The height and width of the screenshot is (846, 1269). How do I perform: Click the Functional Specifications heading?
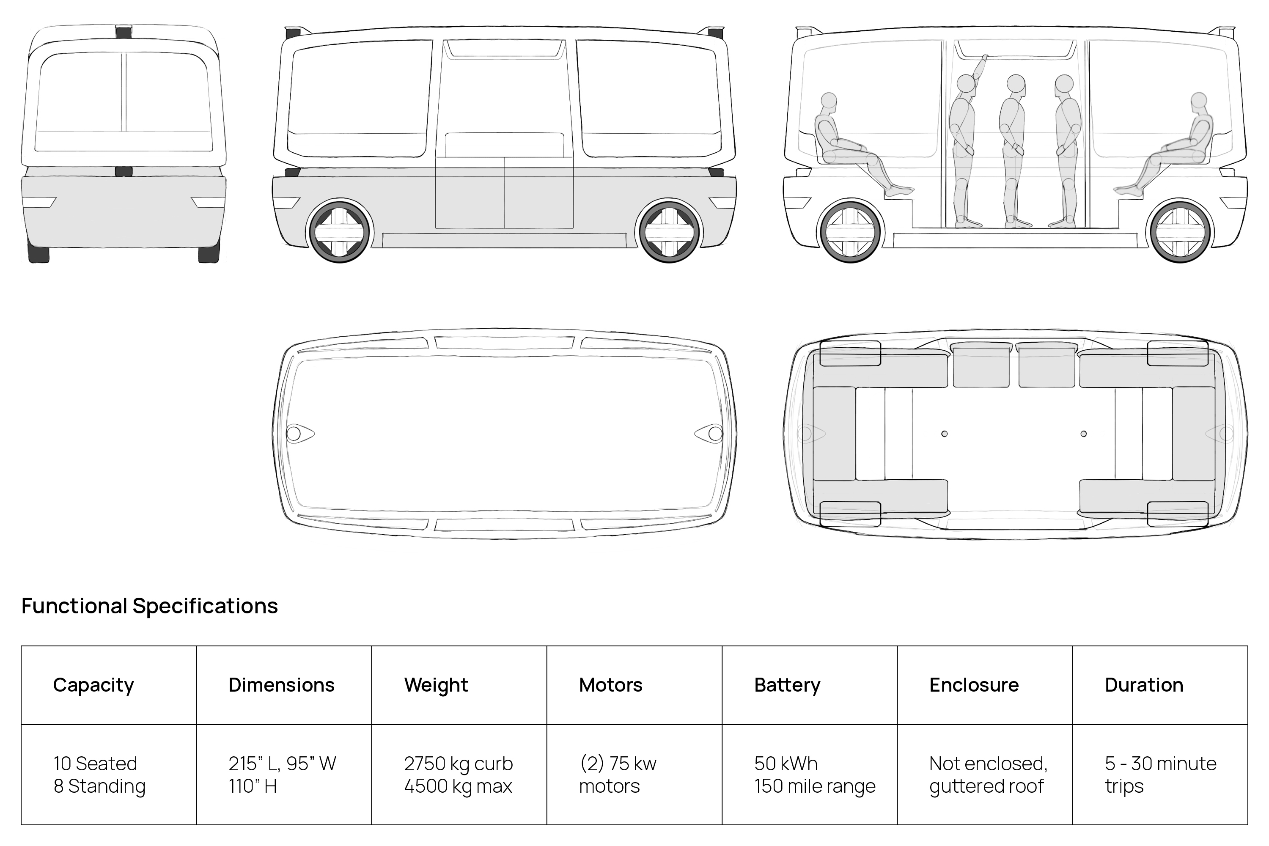[x=149, y=606]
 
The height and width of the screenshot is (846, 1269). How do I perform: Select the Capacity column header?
[x=93, y=685]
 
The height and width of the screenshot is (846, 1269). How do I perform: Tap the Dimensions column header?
[x=281, y=685]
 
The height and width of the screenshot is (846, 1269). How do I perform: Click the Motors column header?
[x=610, y=685]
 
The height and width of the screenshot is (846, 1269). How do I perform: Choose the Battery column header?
[x=787, y=685]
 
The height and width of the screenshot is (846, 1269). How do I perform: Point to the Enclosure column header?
[x=973, y=685]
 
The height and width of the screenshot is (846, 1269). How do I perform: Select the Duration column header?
[x=1143, y=685]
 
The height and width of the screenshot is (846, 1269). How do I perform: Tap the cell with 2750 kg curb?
[x=458, y=775]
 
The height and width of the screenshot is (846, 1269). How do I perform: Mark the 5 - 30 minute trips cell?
[x=1160, y=775]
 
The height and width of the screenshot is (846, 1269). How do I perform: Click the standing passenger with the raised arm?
[x=964, y=140]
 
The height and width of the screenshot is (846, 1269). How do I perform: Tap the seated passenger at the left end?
[x=847, y=146]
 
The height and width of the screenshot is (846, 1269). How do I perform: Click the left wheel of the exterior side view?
[x=339, y=232]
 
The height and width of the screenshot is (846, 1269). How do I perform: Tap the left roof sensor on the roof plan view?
[x=294, y=433]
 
